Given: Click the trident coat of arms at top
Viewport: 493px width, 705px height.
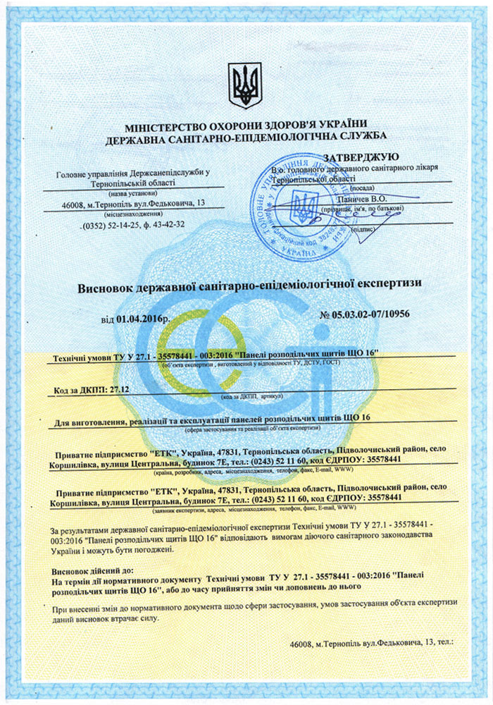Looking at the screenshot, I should (x=245, y=85).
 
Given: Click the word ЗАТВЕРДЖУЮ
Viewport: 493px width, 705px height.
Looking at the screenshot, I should (x=361, y=157).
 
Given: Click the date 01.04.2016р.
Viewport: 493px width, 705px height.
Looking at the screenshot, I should (x=144, y=319).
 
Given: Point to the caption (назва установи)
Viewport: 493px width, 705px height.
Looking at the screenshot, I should (x=133, y=192).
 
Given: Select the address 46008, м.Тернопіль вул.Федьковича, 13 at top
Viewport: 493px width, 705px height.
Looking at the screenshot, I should (x=133, y=204).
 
